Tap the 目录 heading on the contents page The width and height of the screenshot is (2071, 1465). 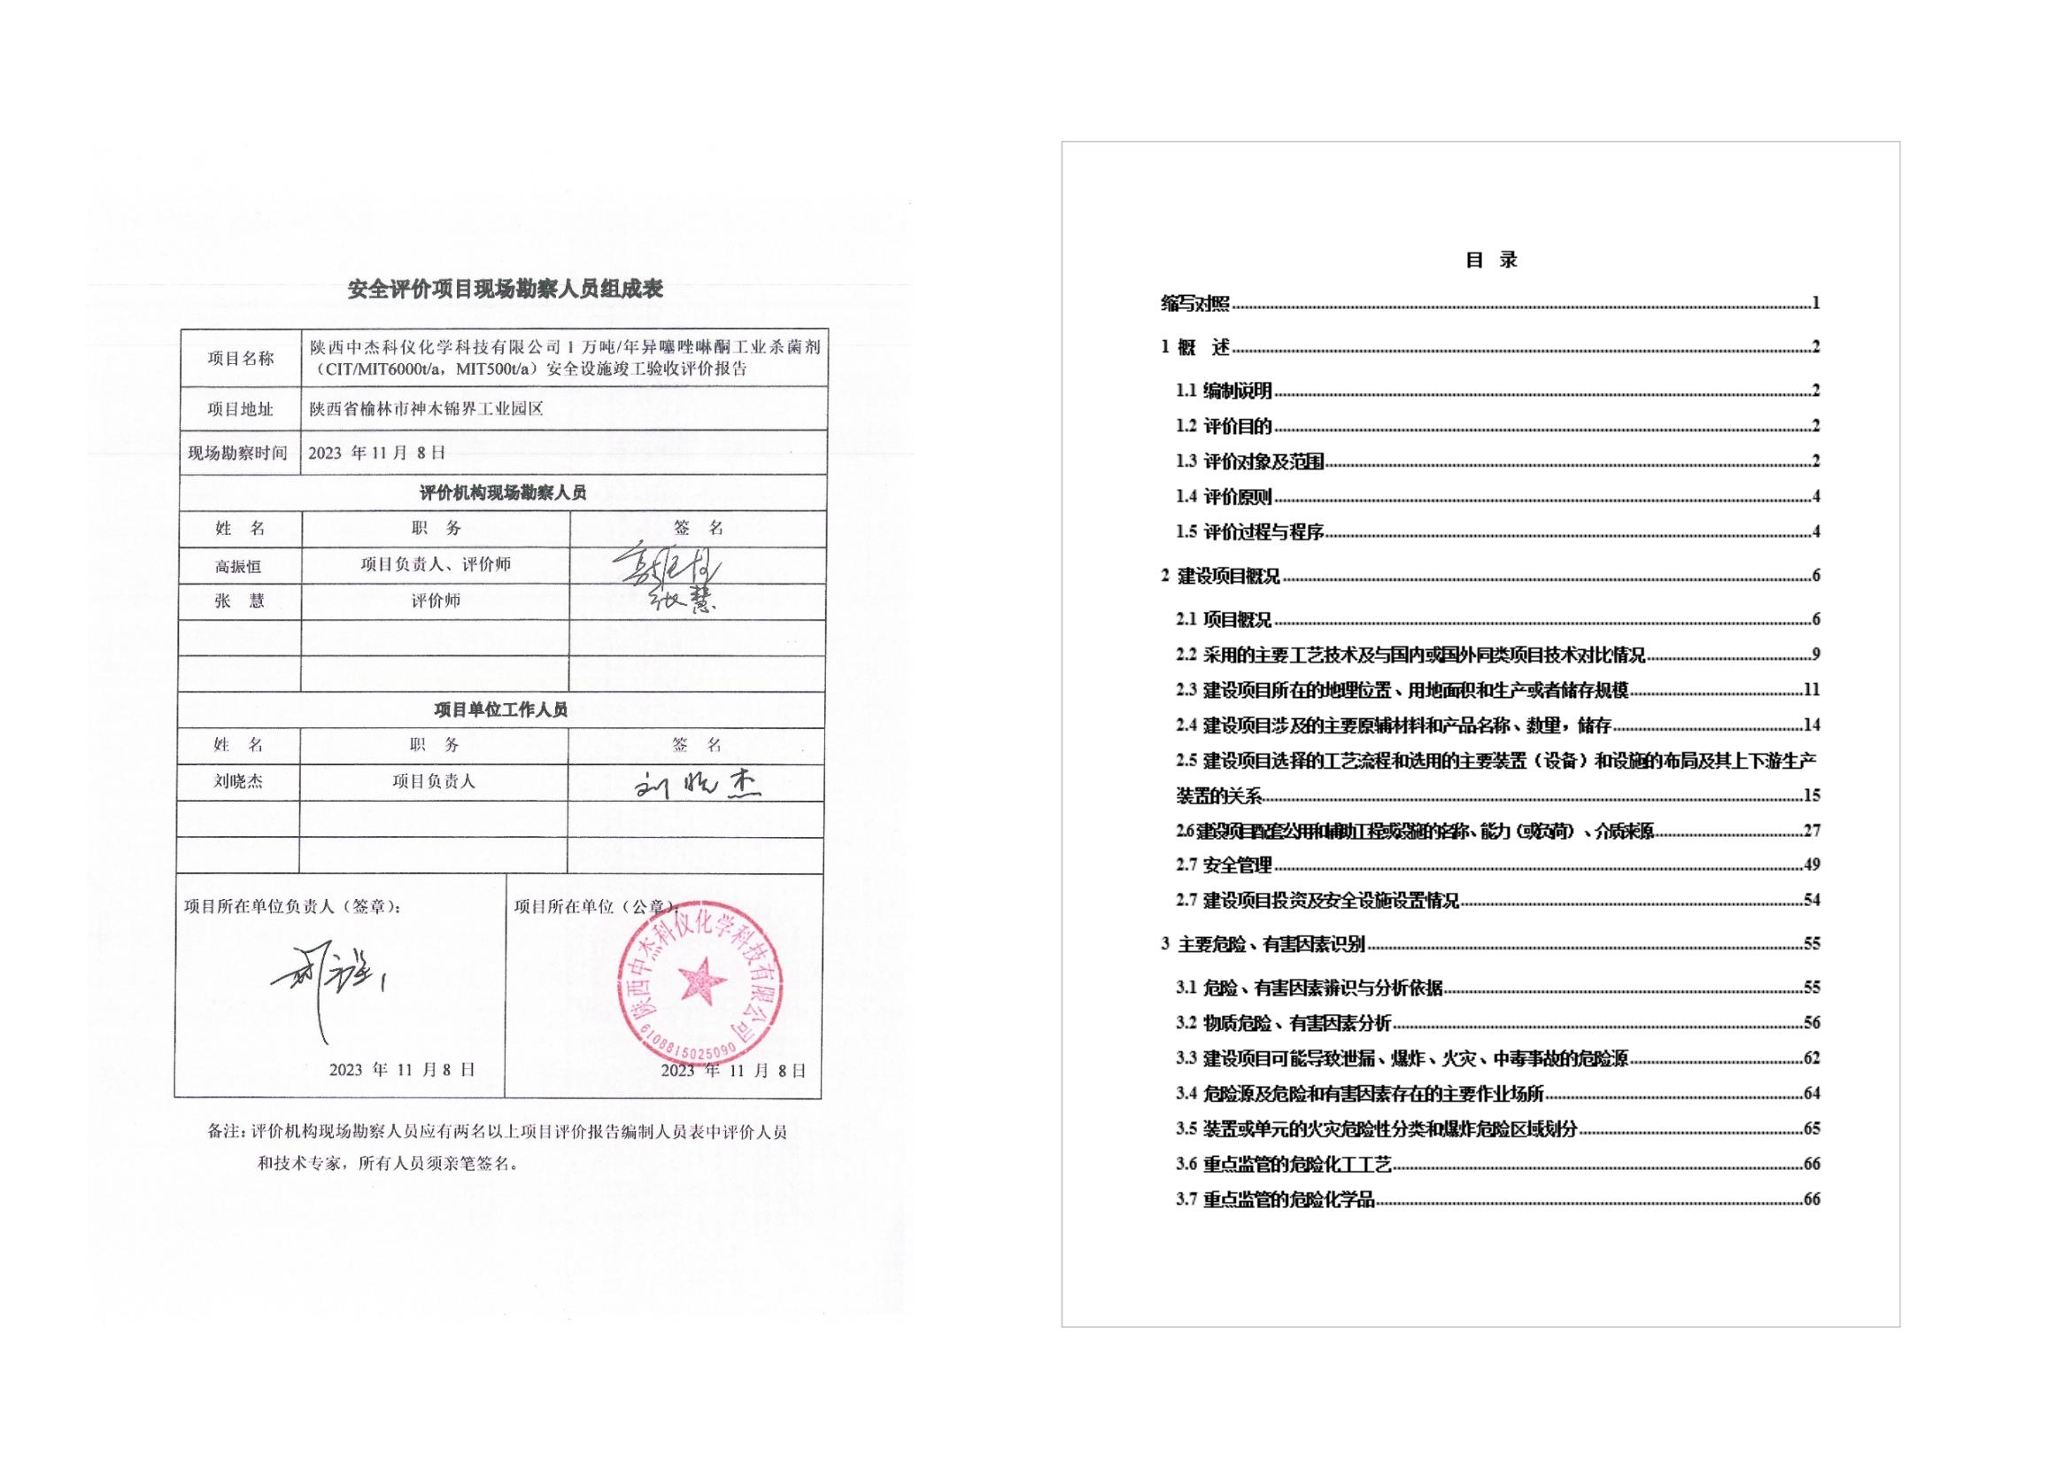[1491, 260]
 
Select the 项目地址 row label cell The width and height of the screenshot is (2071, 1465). [240, 409]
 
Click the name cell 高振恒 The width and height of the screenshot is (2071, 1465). [238, 567]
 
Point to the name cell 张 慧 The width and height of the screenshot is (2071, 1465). [239, 601]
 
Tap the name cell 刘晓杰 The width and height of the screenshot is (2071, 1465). [238, 782]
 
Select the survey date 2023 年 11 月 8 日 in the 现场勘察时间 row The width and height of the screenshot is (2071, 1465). [377, 453]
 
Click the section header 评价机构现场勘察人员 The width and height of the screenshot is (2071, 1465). [502, 492]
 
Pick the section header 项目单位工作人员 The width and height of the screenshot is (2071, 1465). [500, 710]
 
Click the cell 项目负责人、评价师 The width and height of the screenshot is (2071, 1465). [436, 565]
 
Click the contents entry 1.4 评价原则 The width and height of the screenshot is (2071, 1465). [1224, 497]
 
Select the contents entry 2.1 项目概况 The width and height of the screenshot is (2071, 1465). [1224, 620]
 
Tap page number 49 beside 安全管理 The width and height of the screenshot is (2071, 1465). [1812, 865]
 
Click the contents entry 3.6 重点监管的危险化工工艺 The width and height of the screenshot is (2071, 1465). [1284, 1165]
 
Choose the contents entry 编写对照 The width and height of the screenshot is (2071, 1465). [1195, 304]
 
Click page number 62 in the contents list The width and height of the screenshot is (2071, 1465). [1812, 1058]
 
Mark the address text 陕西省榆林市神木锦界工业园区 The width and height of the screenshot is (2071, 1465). [427, 409]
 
